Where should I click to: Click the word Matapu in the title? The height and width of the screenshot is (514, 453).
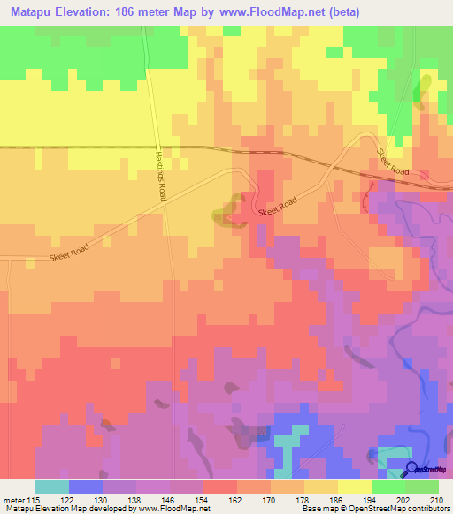pos(33,11)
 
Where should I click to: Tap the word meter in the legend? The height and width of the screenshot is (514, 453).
pos(14,499)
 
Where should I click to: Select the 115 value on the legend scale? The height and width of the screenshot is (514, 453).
pos(35,499)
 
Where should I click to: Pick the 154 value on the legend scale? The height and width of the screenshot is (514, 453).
pos(203,499)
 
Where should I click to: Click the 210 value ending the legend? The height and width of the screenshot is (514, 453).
pos(437,499)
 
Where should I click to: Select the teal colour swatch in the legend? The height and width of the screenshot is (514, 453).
pos(52,487)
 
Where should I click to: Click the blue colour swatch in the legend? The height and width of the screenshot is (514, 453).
pos(86,487)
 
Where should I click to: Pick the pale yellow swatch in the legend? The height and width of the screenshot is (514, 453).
pos(355,487)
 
